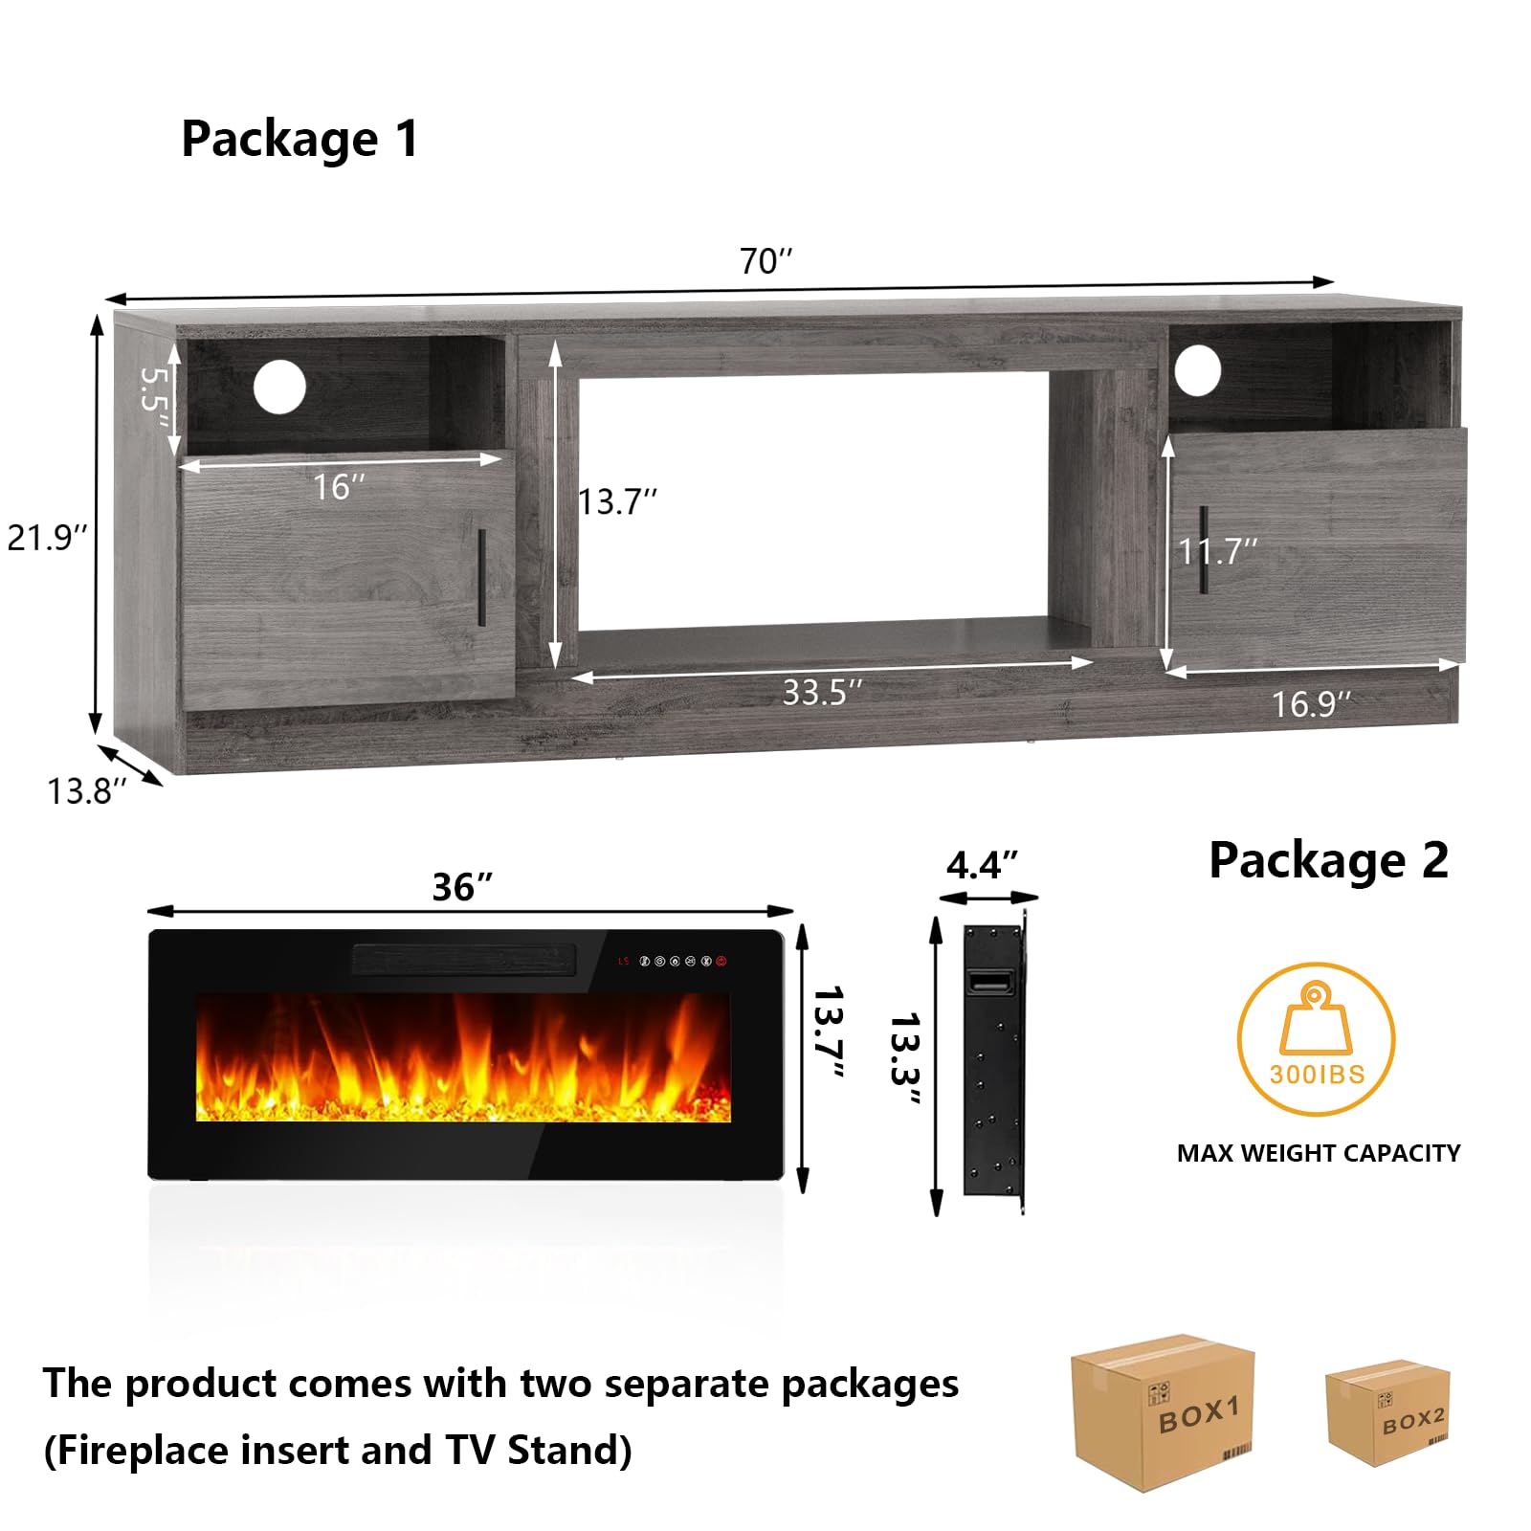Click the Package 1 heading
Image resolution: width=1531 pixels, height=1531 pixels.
[300, 140]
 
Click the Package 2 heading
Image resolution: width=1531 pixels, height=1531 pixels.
[1328, 860]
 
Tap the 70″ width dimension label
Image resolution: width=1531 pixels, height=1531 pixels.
[766, 260]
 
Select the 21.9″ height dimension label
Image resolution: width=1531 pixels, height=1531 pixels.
[47, 537]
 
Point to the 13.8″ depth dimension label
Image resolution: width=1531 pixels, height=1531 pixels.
[87, 791]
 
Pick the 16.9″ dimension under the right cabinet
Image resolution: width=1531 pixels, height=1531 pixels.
[1311, 704]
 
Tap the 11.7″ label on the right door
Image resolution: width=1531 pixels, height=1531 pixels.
[1217, 551]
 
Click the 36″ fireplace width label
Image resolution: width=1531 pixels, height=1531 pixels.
[462, 887]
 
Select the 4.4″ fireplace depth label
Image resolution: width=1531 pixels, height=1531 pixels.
[982, 865]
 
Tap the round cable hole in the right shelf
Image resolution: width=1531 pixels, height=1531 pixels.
[1198, 369]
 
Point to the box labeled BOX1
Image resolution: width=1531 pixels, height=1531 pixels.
[1162, 1412]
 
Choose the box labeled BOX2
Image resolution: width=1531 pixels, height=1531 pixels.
[1387, 1412]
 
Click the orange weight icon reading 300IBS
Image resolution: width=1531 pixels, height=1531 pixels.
[1317, 1039]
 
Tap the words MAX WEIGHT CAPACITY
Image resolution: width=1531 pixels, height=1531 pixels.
[1319, 1153]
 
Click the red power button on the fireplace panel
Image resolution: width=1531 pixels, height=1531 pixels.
[721, 961]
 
